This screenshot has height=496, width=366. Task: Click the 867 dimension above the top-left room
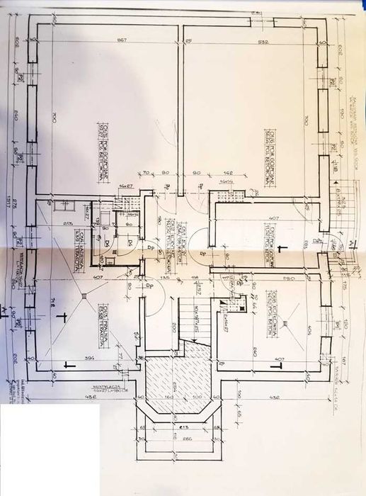pyautogui.click(x=121, y=40)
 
